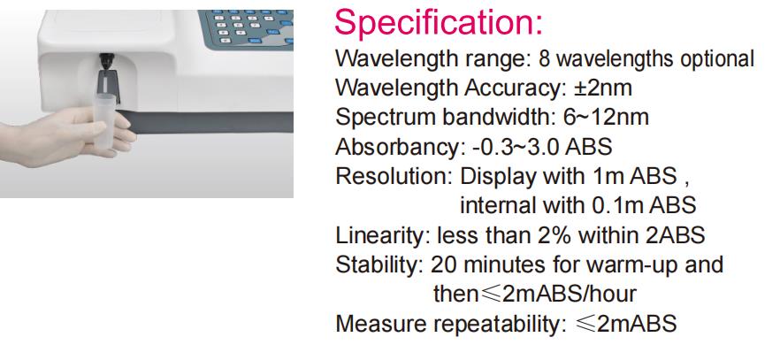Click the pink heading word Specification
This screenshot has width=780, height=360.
pyautogui.click(x=438, y=22)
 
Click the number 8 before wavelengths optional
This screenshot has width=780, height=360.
pyautogui.click(x=544, y=58)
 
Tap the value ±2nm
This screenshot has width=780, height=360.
pyautogui.click(x=603, y=88)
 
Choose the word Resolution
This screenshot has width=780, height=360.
pyautogui.click(x=394, y=177)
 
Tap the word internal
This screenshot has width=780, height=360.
pyautogui.click(x=491, y=205)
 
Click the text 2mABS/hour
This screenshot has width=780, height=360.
pyautogui.click(x=570, y=294)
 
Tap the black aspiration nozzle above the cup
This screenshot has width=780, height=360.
pyautogui.click(x=106, y=61)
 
